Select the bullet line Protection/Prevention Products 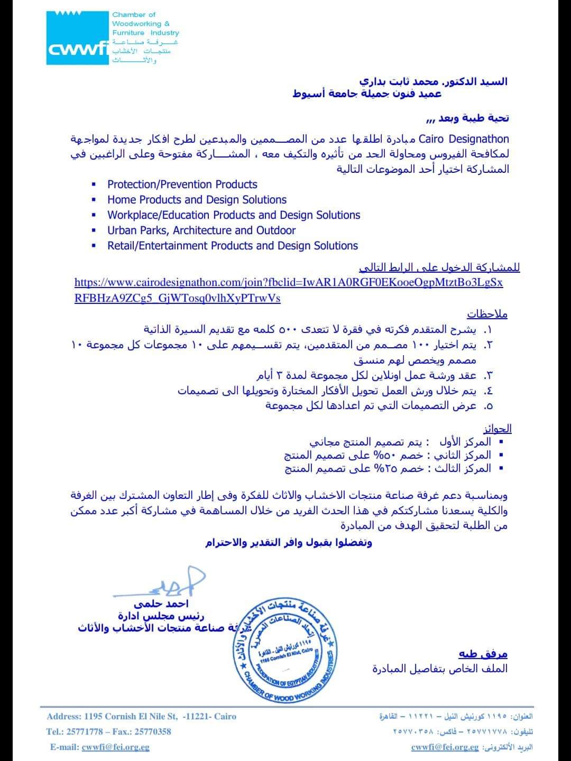pyautogui.click(x=182, y=184)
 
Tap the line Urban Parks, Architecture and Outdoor pyautogui.click(x=201, y=230)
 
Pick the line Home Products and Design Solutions pyautogui.click(x=197, y=200)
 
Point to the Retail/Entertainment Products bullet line pyautogui.click(x=232, y=246)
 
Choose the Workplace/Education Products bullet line pyautogui.click(x=233, y=215)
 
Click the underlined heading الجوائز pyautogui.click(x=498, y=429)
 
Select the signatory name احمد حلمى pyautogui.click(x=161, y=604)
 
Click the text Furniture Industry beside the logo pyautogui.click(x=145, y=33)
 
